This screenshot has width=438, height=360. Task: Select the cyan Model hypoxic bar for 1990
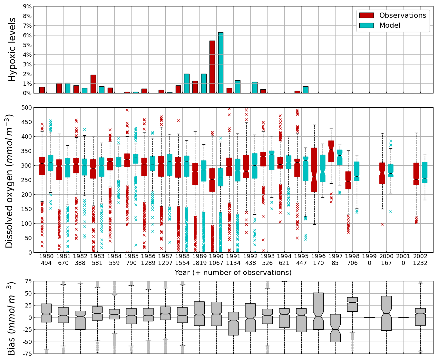tap(220, 63)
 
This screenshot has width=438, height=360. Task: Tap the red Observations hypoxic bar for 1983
tap(93, 84)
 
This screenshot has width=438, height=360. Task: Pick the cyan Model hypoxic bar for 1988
tap(187, 83)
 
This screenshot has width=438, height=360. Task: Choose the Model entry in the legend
tap(390, 25)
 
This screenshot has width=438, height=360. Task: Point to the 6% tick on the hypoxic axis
tap(27, 35)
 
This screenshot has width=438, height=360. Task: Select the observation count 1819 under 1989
tap(199, 263)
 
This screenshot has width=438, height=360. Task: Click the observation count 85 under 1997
tap(335, 263)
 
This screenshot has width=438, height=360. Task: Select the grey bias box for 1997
tap(335, 328)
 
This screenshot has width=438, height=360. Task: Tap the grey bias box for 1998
tap(352, 304)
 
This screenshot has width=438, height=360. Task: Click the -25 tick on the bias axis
tap(26, 330)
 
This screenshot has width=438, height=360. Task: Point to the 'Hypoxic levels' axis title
tap(12, 50)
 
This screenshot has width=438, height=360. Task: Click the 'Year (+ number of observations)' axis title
tap(233, 273)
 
